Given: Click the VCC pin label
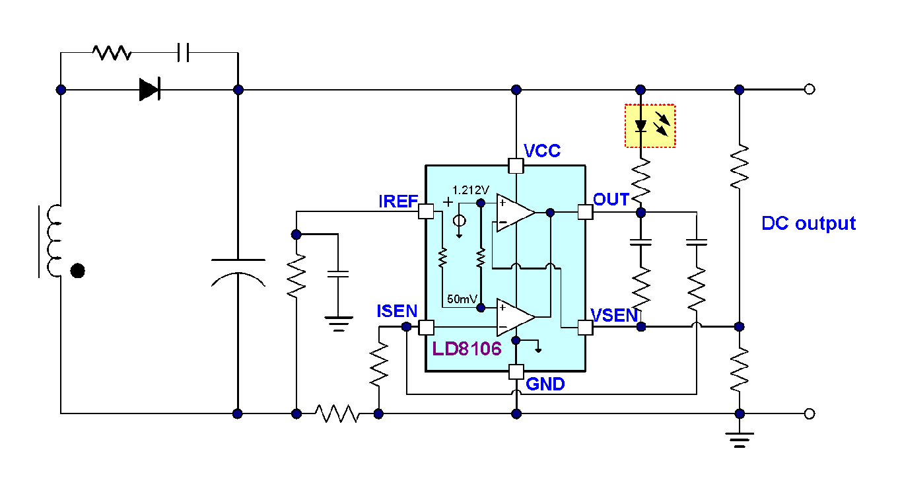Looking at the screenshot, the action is [542, 151].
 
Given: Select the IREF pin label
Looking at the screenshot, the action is [398, 201].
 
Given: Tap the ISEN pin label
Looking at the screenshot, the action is [397, 311].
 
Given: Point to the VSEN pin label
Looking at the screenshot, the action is [614, 316].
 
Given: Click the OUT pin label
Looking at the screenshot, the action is [611, 199].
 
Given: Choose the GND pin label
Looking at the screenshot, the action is [545, 384].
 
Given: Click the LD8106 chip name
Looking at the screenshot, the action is [467, 349].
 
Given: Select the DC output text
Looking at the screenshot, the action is [809, 223].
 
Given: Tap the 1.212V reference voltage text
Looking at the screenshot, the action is [471, 190].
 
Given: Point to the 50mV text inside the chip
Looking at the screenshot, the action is [462, 299].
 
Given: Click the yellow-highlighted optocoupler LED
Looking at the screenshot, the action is [650, 126].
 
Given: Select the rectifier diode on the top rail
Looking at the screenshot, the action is [149, 89].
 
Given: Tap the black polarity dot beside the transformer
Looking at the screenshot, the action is [77, 271].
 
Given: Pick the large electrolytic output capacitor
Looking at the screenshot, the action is [238, 273].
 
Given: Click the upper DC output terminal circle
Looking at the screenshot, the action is [810, 89].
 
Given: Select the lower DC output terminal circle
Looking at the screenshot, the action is [810, 413].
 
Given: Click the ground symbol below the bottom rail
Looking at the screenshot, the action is [740, 440].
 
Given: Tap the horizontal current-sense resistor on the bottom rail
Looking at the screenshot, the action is [337, 413].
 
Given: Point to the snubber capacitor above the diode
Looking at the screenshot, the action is [183, 53].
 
